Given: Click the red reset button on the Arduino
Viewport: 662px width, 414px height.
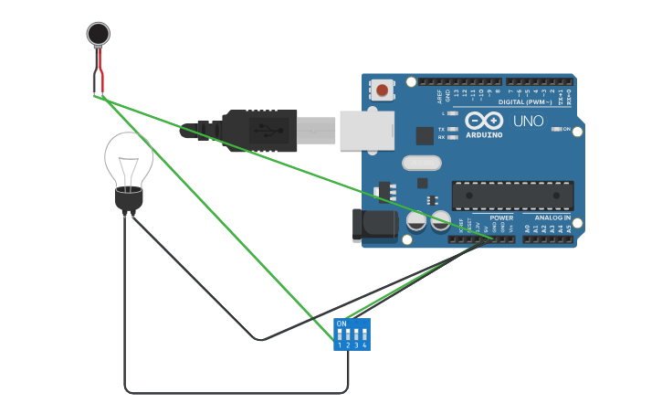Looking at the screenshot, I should pyautogui.click(x=382, y=90).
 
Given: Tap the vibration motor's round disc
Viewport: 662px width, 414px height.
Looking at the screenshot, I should pyautogui.click(x=98, y=34).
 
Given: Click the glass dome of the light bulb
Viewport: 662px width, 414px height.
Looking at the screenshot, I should pyautogui.click(x=128, y=160).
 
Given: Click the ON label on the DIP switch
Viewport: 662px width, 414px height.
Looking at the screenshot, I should pyautogui.click(x=342, y=324).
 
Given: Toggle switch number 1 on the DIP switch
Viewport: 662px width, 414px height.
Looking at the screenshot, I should pyautogui.click(x=340, y=335).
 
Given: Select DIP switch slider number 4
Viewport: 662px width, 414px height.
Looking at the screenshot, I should pyautogui.click(x=364, y=335).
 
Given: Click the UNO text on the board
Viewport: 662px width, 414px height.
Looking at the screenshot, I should pyautogui.click(x=528, y=121).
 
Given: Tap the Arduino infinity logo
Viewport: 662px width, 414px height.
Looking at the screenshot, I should pyautogui.click(x=484, y=120).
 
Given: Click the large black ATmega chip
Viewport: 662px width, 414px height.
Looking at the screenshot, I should pyautogui.click(x=513, y=195).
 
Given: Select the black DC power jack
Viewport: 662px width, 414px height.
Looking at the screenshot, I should pyautogui.click(x=375, y=226).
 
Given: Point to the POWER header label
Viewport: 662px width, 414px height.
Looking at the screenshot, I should pyautogui.click(x=501, y=218).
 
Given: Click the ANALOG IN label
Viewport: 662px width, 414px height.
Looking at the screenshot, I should pyautogui.click(x=553, y=218).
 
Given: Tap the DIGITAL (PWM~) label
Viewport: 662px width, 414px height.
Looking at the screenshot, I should pyautogui.click(x=524, y=101).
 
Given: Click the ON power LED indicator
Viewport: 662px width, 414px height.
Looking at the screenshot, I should pyautogui.click(x=557, y=129).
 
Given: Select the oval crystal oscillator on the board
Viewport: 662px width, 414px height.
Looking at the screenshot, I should pyautogui.click(x=421, y=163).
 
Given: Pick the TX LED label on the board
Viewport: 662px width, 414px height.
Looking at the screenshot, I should pyautogui.click(x=442, y=129).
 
